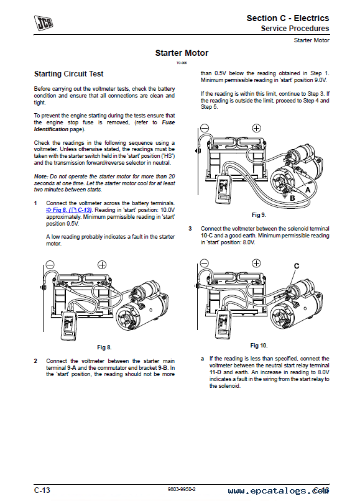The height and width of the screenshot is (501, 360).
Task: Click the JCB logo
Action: click(44, 23)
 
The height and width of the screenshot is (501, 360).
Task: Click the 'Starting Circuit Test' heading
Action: click(69, 74)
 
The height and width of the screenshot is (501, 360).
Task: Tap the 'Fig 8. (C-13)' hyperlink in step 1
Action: click(69, 210)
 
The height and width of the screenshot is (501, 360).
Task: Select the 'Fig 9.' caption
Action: click(259, 215)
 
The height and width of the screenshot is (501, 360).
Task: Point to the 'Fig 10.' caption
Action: click(259, 346)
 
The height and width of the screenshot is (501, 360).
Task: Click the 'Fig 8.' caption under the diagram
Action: click(104, 347)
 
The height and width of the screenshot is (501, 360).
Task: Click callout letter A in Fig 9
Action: click(308, 190)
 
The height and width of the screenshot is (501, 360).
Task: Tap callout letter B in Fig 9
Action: click(292, 198)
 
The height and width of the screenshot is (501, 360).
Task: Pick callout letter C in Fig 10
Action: click(297, 266)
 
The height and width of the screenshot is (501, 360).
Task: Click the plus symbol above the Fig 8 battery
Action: click(102, 265)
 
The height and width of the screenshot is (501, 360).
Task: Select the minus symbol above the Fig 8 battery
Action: click(50, 265)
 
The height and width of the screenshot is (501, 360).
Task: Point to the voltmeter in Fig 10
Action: click(224, 324)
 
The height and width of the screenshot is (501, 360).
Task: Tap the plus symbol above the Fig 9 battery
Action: click(256, 129)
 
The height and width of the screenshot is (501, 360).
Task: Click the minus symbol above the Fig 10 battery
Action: click(205, 264)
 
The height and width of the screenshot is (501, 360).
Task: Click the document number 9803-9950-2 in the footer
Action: click(182, 489)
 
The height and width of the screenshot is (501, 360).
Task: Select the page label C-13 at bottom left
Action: click(42, 490)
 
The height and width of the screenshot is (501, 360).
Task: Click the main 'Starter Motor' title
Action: click(182, 53)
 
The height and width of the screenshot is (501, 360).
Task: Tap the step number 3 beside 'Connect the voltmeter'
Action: click(190, 229)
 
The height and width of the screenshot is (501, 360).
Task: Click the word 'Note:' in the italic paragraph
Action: click(40, 177)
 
